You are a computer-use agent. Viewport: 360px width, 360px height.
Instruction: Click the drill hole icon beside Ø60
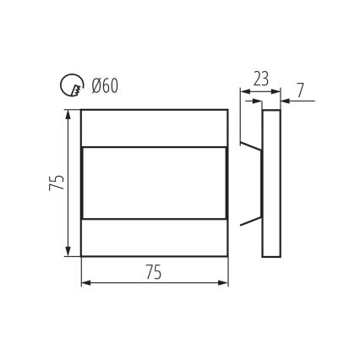(70, 85)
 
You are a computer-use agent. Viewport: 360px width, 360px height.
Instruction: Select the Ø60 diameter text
(104, 85)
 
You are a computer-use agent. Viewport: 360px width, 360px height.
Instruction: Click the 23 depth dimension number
(260, 79)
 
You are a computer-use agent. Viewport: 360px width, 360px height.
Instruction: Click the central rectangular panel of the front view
(154, 183)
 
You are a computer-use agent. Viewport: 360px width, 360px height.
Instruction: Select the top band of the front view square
(154, 128)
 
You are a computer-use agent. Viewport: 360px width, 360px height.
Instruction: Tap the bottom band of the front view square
(154, 237)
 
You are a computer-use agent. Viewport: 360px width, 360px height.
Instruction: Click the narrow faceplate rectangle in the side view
(271, 183)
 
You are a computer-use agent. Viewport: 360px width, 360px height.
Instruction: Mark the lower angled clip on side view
(251, 222)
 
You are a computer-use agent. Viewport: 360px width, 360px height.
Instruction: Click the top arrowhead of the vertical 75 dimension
(68, 114)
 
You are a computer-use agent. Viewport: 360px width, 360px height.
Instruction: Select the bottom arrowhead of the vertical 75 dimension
(68, 251)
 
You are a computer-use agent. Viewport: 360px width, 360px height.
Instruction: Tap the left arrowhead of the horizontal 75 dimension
(85, 283)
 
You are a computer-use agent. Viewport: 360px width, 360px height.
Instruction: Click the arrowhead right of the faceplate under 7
(285, 101)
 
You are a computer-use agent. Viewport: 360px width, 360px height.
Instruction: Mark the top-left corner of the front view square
(81, 110)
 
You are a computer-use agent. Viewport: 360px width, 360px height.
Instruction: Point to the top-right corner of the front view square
(228, 110)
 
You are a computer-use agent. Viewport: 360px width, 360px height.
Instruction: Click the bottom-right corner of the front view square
(228, 256)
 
